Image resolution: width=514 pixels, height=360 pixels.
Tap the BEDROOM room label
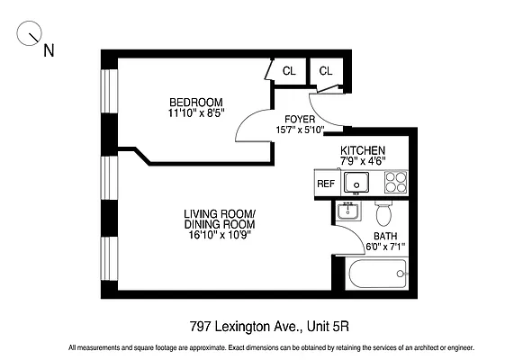tap(195, 101)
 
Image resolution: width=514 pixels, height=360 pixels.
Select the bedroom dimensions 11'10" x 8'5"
tap(195, 112)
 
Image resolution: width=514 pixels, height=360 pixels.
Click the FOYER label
tap(300, 119)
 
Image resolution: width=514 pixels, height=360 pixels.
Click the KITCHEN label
tap(363, 149)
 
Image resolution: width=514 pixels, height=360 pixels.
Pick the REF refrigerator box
tap(325, 184)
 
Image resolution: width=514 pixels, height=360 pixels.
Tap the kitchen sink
tap(356, 183)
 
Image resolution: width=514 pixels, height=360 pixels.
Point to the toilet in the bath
tap(383, 214)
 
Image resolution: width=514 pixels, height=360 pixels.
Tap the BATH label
tap(385, 237)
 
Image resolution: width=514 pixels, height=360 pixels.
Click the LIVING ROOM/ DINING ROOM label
tap(220, 219)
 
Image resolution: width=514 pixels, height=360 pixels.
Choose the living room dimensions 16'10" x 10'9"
tap(220, 236)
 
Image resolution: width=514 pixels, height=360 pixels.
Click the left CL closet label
tap(289, 71)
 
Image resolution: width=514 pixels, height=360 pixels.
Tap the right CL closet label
tap(325, 71)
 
